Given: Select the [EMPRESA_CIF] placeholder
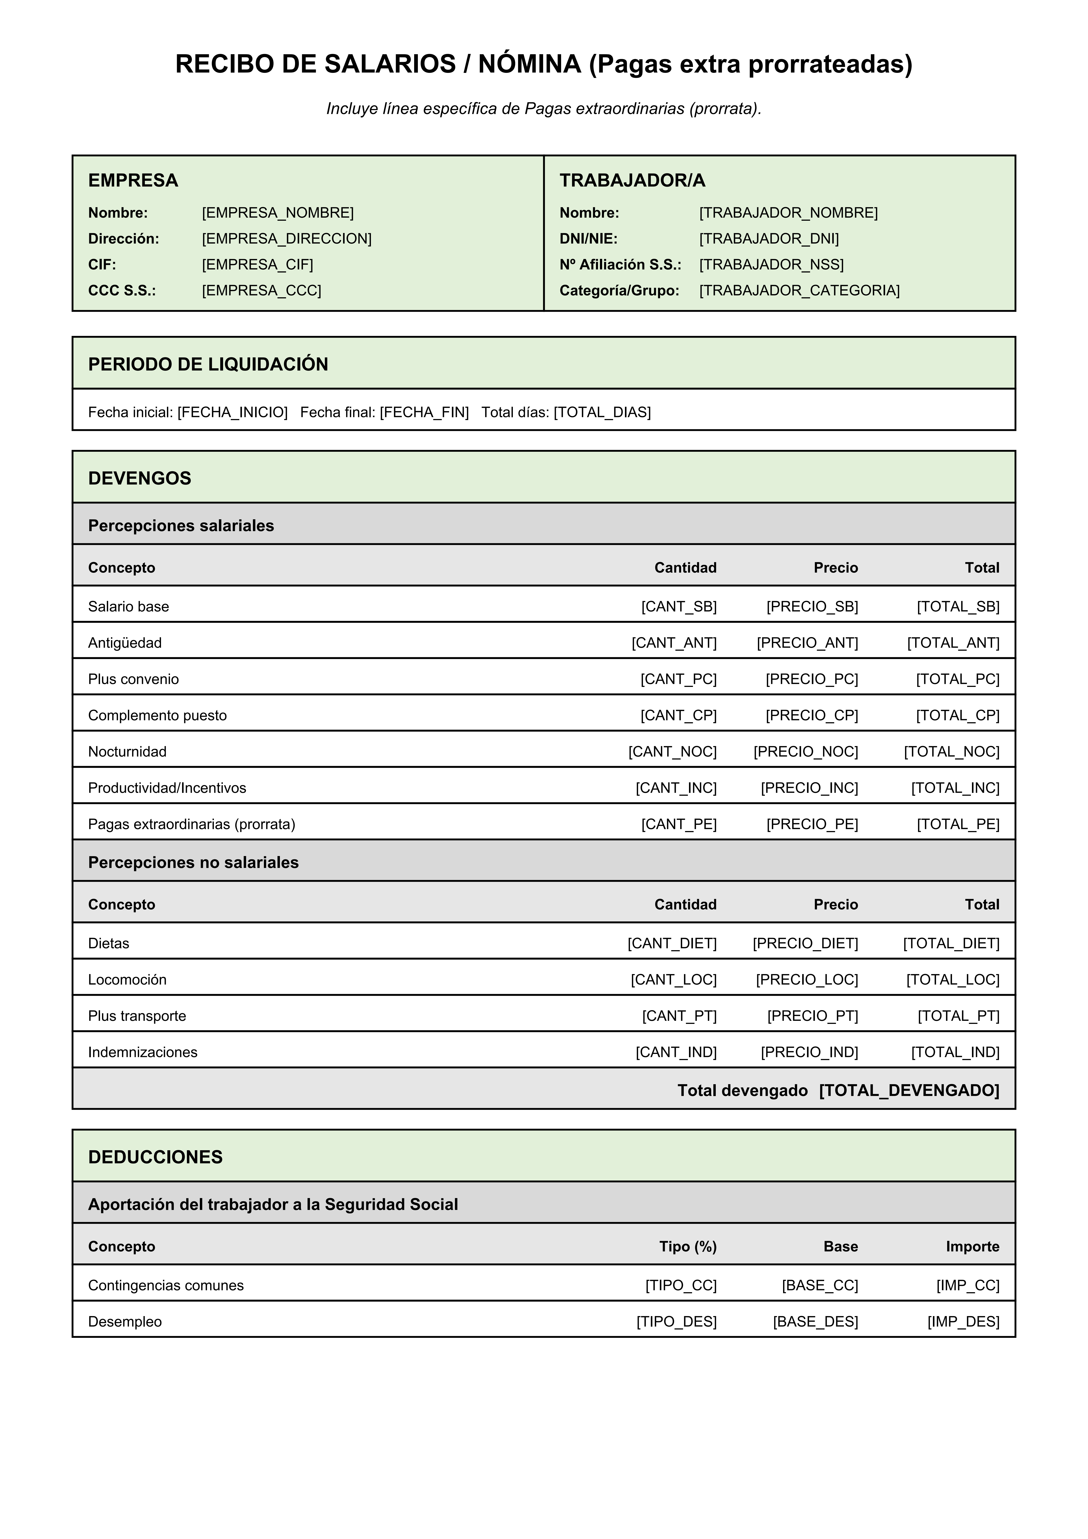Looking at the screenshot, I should (258, 265).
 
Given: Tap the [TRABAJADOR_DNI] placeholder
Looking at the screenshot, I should (769, 239).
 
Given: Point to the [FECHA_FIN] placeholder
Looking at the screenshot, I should (424, 412).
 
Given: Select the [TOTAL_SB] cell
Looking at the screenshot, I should (958, 607).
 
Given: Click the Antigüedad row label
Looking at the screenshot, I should (125, 643).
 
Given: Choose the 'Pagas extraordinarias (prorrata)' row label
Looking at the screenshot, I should (192, 824).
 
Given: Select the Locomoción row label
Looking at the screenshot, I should (127, 979).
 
